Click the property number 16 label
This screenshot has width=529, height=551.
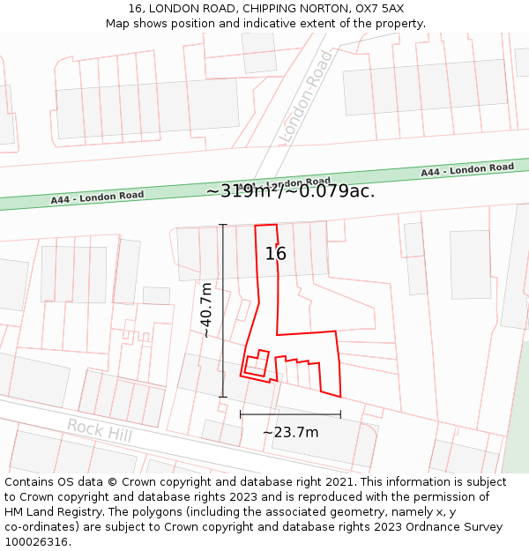tap(276, 254)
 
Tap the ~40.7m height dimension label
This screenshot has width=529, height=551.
tap(205, 310)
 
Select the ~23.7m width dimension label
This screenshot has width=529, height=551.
tap(290, 432)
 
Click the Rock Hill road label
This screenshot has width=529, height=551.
tap(99, 430)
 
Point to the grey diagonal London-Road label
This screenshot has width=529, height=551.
tap(306, 97)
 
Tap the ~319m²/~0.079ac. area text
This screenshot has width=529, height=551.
tap(290, 190)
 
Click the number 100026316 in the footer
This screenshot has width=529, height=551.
tap(36, 542)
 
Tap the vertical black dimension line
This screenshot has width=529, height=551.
tap(223, 310)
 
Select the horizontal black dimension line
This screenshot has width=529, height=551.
tap(290, 414)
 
